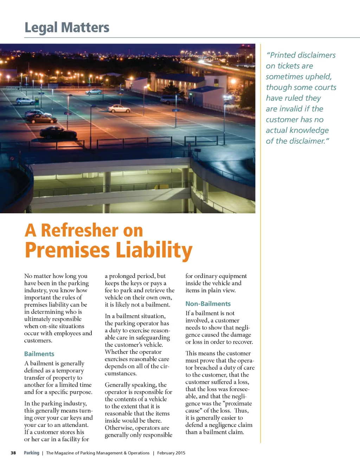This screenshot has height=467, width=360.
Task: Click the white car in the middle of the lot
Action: coord(119,109)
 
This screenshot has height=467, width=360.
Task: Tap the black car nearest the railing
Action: coord(58,133)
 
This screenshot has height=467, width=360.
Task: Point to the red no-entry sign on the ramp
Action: coord(12,159)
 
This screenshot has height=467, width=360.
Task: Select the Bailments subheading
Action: coord(39,354)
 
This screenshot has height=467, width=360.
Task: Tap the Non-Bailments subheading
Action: coord(208,304)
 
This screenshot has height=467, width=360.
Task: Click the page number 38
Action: coord(13,453)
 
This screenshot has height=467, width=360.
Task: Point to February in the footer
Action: coord(166,453)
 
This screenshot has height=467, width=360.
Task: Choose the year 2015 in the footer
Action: coord(180,453)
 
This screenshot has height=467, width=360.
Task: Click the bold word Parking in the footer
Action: coord(32,453)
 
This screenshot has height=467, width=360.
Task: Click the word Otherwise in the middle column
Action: coord(119,428)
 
